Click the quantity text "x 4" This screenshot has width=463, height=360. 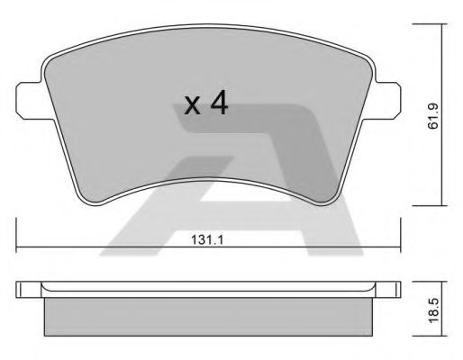click(205, 104)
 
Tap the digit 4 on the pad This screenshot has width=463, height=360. click(219, 103)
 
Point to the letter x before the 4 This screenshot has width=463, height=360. click(191, 107)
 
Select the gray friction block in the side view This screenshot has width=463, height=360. click(209, 315)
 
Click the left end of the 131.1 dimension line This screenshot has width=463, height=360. click(18, 247)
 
